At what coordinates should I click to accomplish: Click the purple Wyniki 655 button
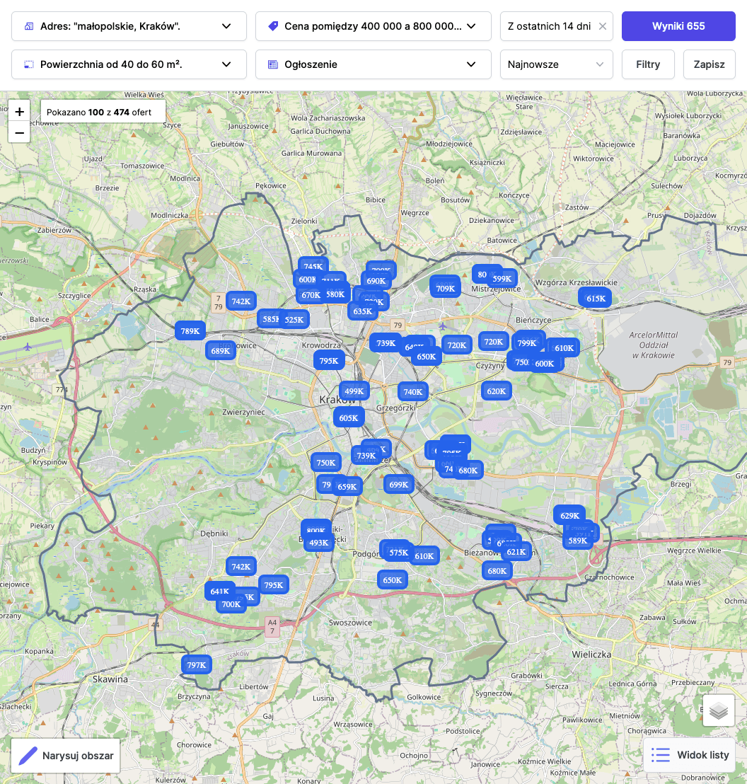pyautogui.click(x=678, y=26)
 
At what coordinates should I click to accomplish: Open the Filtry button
pyautogui.click(x=648, y=64)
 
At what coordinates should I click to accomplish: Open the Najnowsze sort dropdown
pyautogui.click(x=556, y=64)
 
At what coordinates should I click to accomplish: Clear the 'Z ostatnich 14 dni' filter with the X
pyautogui.click(x=603, y=26)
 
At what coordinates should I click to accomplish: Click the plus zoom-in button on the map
pyautogui.click(x=19, y=112)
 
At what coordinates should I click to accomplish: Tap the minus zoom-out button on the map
pyautogui.click(x=19, y=132)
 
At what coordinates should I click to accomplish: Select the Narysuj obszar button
pyautogui.click(x=65, y=756)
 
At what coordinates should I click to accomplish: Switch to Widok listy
pyautogui.click(x=689, y=755)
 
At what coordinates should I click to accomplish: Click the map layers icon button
pyautogui.click(x=718, y=710)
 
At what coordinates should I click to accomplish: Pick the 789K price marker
pyautogui.click(x=190, y=330)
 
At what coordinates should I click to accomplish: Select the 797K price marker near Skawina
pyautogui.click(x=196, y=664)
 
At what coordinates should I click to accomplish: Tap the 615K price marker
pyautogui.click(x=596, y=298)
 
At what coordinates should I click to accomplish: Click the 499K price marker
pyautogui.click(x=353, y=391)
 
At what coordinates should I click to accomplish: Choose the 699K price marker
pyautogui.click(x=399, y=484)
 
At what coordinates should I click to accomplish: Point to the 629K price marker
pyautogui.click(x=569, y=515)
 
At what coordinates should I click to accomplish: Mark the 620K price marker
pyautogui.click(x=496, y=391)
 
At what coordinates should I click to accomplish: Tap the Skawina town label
pyautogui.click(x=110, y=679)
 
